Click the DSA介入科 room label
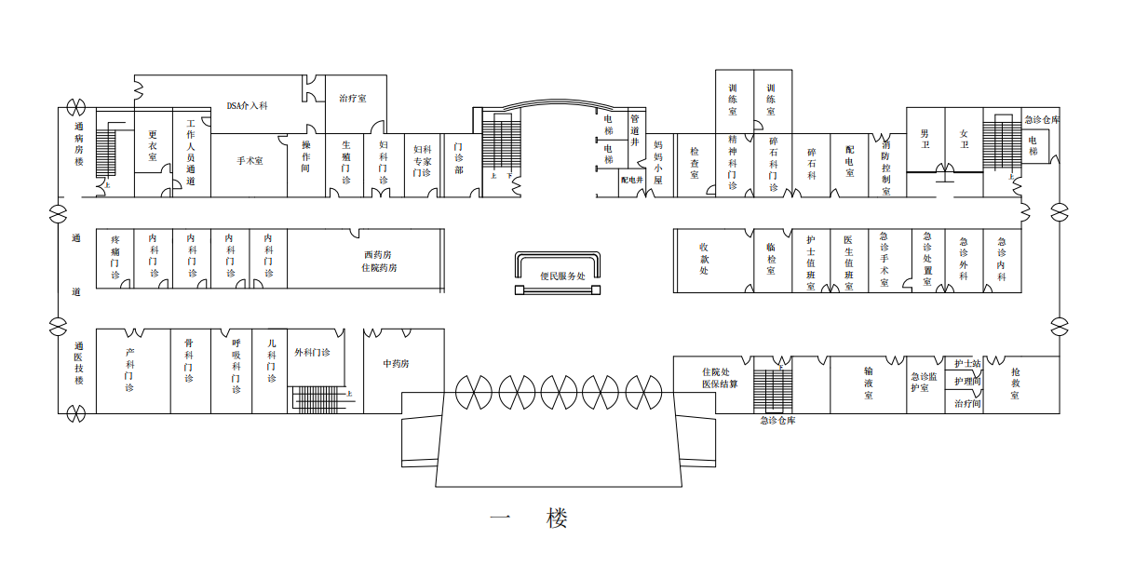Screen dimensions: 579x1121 coord(248,106)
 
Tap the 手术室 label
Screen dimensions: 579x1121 coord(250,160)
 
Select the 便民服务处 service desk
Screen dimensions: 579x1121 coord(561,276)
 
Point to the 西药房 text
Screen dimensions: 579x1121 coord(378,254)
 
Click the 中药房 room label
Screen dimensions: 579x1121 coord(396,363)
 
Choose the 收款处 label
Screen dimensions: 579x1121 coord(704,258)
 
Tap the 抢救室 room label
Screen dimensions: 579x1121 coord(1016,384)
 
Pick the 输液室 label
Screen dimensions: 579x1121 coord(868,383)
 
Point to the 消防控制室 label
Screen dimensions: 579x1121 coord(886,167)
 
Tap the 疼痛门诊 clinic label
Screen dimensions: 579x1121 coord(115,257)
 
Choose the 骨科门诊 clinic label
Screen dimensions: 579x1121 coord(189,360)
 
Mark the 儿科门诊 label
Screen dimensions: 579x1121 coord(271,360)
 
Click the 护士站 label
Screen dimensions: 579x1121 coord(967,363)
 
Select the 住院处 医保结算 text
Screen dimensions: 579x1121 coord(720,378)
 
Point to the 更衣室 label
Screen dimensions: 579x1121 coord(153,150)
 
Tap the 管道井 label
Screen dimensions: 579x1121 coord(635,131)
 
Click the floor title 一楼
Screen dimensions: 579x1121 coord(529,518)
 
